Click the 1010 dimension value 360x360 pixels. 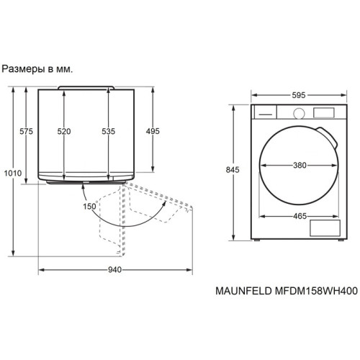[13, 173]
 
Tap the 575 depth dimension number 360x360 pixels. [26, 131]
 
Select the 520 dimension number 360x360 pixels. [64, 131]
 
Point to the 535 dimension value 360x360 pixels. [109, 131]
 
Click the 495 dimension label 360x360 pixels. [153, 131]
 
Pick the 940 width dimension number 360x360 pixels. [114, 270]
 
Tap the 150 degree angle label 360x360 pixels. [89, 207]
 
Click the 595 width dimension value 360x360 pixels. [299, 95]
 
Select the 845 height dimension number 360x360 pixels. [233, 170]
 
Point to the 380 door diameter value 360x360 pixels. [300, 165]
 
